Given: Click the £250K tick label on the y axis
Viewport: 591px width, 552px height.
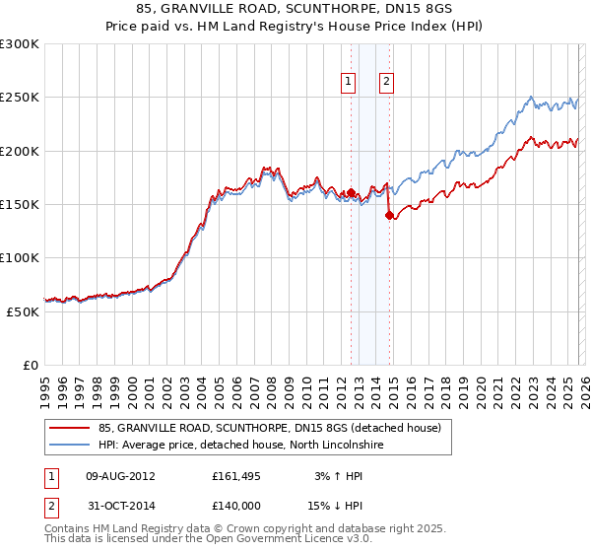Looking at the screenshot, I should tap(20, 98).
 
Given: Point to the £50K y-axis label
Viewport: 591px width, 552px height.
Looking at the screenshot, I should tap(23, 311).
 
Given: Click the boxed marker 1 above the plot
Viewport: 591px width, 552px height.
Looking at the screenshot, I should tap(350, 83).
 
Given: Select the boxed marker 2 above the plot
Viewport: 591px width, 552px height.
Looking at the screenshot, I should tap(386, 83).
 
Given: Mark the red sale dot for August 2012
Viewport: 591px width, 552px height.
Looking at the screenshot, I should tap(351, 192).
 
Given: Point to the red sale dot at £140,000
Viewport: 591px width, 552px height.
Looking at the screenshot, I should tap(390, 215).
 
